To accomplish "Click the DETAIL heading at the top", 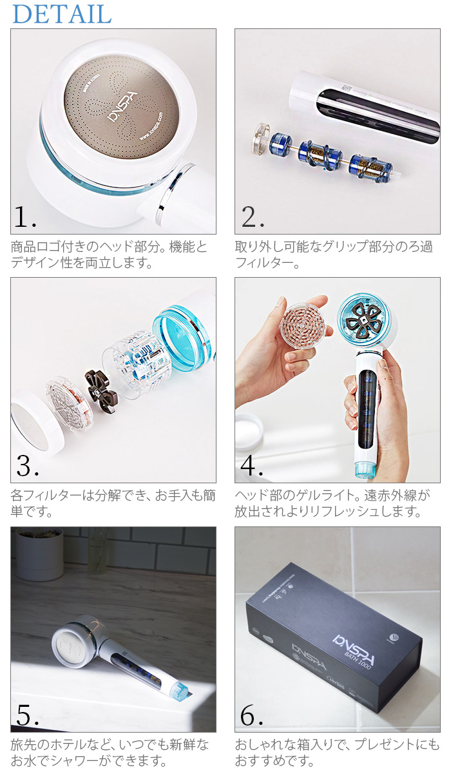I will click(62, 14).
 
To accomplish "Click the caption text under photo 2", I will click(334, 255).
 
